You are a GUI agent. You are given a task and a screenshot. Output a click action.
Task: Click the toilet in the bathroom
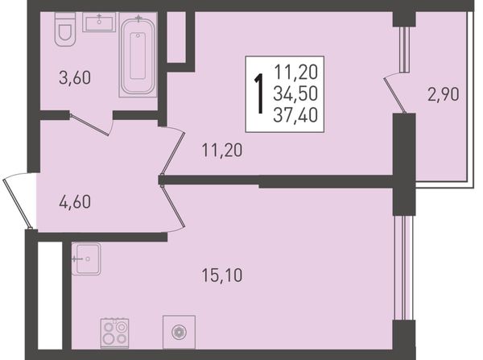pos(65,29)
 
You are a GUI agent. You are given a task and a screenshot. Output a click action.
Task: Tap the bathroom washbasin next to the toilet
pos(99,23)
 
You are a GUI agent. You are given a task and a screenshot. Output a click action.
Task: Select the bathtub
pos(138,56)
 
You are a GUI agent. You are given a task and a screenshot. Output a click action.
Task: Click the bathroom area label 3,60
pos(75,77)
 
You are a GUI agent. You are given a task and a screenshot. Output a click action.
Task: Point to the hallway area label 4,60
pos(75,202)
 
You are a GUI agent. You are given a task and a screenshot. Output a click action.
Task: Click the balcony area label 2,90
pos(444,94)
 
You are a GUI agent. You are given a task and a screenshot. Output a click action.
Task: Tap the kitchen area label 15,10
pos(222,275)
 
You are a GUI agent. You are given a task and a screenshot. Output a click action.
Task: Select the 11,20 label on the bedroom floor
pos(222,151)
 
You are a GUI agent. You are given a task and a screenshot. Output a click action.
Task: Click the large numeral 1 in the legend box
pos(260,93)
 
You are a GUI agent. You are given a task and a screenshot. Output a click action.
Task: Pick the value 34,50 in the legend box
pos(295,94)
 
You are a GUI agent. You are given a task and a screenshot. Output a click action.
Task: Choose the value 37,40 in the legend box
pos(295,116)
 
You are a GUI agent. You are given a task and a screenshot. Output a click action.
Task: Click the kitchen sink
pos(86,259)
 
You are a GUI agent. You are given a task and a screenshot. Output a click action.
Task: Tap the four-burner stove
pos(114,333)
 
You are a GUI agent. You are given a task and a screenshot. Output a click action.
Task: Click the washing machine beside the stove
pos(179,333)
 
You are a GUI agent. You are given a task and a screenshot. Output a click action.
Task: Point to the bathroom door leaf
pos(89,125)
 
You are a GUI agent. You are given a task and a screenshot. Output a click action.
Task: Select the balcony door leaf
pos(394,95)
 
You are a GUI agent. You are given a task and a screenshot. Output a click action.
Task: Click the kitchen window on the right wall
pos(403,267)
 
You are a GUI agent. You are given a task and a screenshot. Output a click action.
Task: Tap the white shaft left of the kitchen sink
pos(50,296)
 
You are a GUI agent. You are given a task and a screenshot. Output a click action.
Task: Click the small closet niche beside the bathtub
pos(176,37)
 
